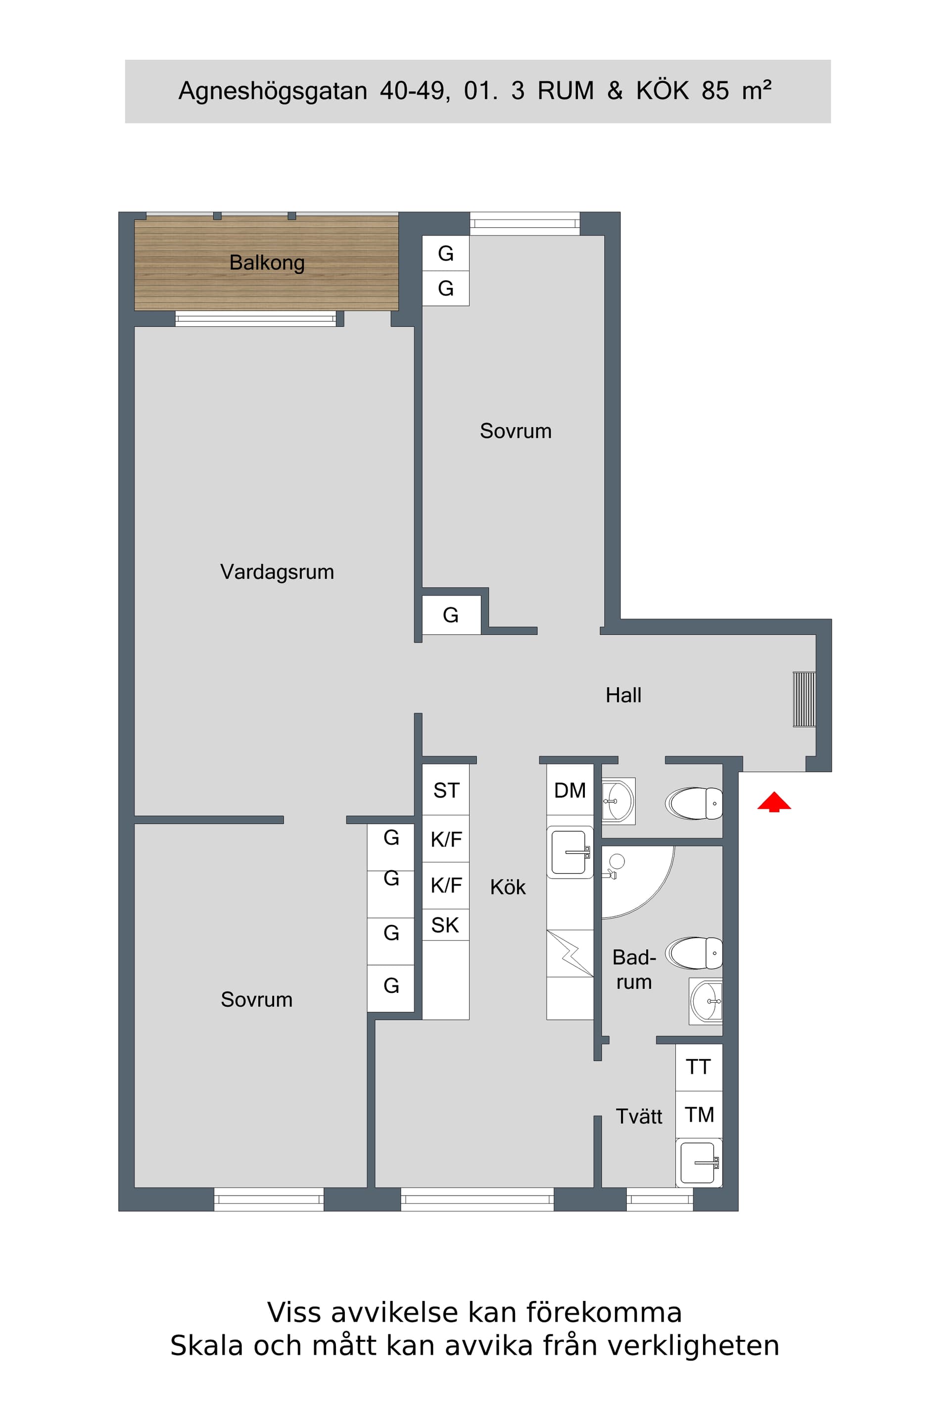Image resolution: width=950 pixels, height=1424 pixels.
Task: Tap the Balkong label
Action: (267, 263)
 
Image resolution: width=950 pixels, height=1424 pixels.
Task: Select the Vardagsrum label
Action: (277, 572)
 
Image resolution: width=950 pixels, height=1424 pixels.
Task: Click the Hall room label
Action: (623, 695)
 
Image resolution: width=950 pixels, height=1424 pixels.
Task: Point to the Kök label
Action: (508, 887)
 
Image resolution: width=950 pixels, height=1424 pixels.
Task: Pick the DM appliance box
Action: (570, 790)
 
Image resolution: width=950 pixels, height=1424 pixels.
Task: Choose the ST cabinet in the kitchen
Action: (445, 790)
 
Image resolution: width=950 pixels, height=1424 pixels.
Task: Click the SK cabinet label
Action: (445, 925)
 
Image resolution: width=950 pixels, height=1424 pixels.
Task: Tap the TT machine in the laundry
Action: (699, 1067)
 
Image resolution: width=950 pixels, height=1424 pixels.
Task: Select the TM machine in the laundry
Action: (699, 1114)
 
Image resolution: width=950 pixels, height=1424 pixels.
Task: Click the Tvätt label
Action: (639, 1116)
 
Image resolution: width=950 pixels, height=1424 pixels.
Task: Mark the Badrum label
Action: (634, 969)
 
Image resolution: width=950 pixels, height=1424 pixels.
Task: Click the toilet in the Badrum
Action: (694, 953)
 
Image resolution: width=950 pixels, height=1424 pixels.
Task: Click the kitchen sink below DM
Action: (570, 852)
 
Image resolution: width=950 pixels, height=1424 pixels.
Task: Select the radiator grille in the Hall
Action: (804, 699)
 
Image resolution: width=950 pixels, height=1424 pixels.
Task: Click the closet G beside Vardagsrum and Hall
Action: (451, 615)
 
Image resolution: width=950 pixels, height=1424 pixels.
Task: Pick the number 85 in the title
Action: (715, 91)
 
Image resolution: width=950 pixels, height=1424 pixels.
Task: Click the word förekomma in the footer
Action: (604, 1313)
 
